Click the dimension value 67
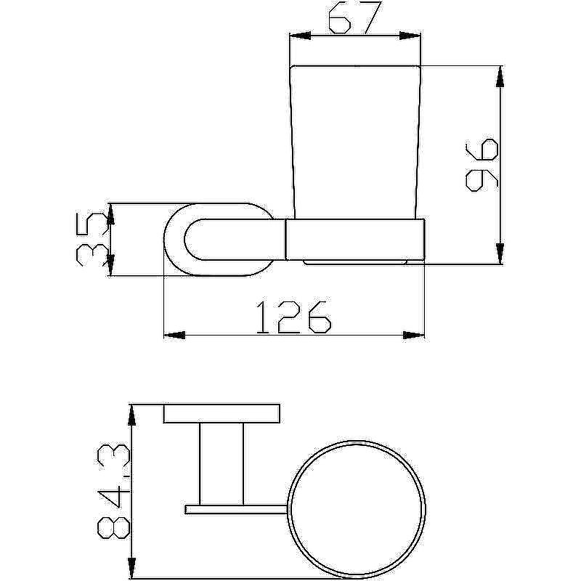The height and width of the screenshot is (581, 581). click(x=354, y=17)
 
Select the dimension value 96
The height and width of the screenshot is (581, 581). click(x=482, y=165)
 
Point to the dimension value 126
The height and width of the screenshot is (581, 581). click(x=293, y=317)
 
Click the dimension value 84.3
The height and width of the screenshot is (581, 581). click(x=113, y=492)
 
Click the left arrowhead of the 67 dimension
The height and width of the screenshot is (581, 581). click(x=300, y=36)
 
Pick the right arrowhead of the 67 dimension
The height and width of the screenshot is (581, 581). click(x=410, y=36)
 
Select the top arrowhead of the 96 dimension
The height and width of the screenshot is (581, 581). click(x=500, y=77)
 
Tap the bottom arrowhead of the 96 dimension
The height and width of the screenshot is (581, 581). click(x=500, y=253)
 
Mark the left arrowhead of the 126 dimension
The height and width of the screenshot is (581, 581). click(x=174, y=336)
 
